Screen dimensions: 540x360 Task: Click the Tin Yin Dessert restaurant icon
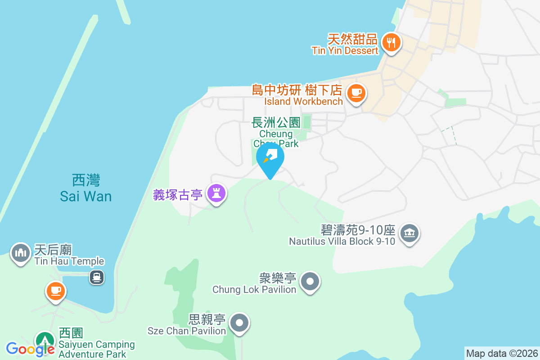point(391,43)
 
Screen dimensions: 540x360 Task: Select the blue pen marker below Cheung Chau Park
point(270,158)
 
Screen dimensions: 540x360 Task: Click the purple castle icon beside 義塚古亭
point(216,193)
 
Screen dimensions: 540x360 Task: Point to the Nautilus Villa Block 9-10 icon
point(409,233)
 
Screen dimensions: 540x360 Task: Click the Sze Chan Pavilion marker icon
point(239,323)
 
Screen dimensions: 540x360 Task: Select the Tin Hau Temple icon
point(20,253)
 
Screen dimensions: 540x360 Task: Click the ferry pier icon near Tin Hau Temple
point(97,277)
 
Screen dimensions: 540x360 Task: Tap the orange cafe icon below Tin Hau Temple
point(55,290)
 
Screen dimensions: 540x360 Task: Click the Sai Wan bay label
point(86,189)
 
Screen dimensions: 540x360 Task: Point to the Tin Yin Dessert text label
point(346,44)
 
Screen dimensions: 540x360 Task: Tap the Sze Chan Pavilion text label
point(187,325)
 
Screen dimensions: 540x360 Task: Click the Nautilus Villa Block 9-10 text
point(342,236)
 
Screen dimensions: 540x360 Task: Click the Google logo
point(30,349)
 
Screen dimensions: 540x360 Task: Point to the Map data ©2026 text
point(502,353)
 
